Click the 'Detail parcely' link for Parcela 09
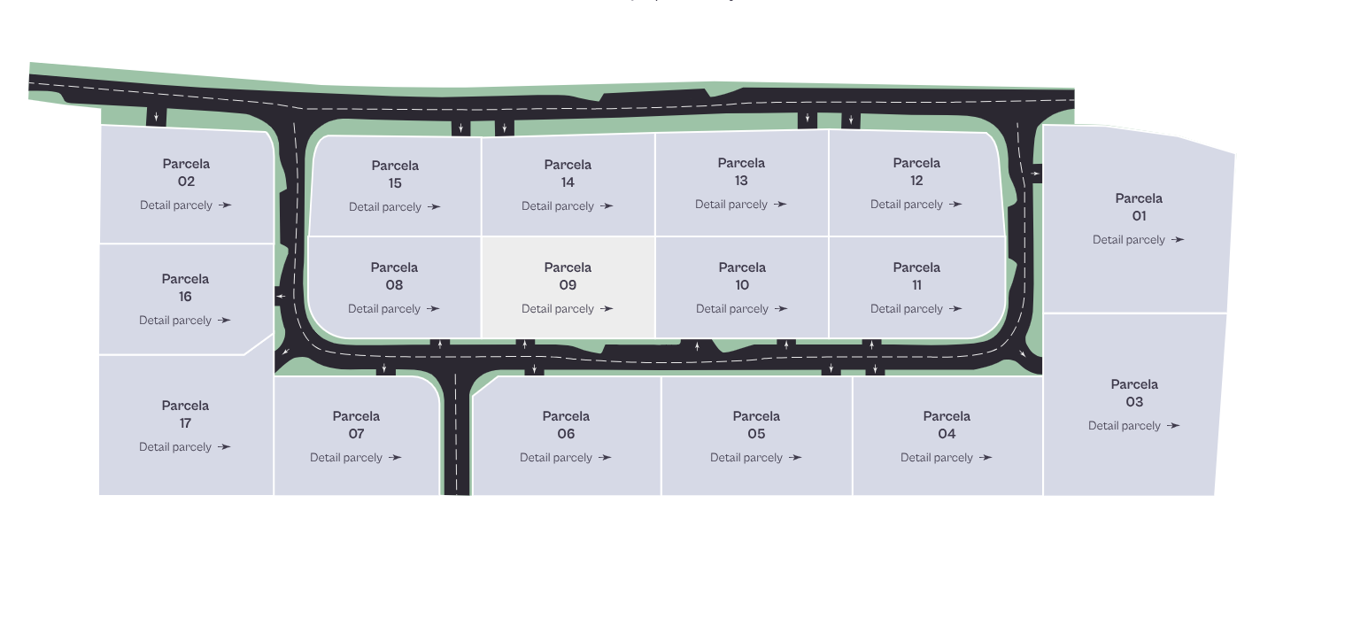pos(567,309)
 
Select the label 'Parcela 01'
pos(1139,207)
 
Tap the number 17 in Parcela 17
pos(185,423)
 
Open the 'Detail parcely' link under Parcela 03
pos(1133,426)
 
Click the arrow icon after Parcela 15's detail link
pos(434,207)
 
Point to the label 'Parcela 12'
pos(916,172)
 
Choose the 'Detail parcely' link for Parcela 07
pos(355,458)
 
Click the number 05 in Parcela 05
pos(756,434)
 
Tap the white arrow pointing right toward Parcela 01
pos(1035,174)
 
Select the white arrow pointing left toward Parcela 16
pos(281,296)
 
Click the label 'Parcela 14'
pos(568,174)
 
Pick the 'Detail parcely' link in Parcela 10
pos(741,309)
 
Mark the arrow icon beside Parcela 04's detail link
pos(986,458)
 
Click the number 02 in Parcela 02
pos(186,182)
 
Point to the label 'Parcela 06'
pos(566,425)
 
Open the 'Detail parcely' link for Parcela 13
pos(741,205)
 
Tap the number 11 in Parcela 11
pos(916,285)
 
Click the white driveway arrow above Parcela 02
pos(156,117)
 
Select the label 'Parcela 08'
pos(394,276)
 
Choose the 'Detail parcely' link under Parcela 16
pos(185,321)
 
